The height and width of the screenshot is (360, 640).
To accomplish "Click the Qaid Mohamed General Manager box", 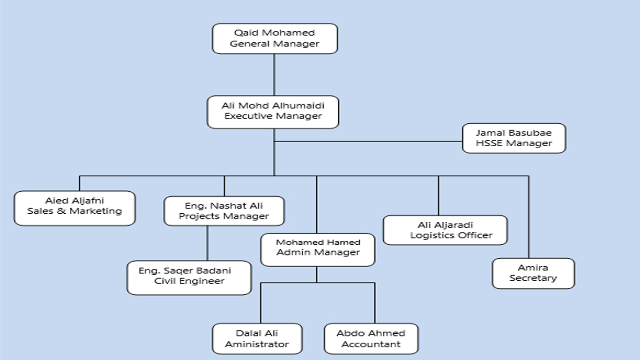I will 275,38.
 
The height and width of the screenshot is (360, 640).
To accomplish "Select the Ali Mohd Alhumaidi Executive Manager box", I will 273,112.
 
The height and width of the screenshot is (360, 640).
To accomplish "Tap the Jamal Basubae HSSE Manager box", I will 514,138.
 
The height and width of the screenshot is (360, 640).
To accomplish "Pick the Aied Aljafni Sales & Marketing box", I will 74,208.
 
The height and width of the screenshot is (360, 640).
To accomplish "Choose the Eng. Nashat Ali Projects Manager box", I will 224,211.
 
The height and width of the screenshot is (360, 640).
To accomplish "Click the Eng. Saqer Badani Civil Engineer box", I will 189,277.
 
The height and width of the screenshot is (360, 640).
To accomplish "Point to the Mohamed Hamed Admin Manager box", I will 318,250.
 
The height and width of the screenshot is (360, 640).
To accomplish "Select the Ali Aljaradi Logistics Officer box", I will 445,230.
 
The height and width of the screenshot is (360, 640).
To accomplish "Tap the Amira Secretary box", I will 533,273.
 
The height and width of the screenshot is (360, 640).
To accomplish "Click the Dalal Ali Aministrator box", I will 257,338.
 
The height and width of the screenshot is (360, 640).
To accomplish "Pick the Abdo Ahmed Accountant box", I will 371,338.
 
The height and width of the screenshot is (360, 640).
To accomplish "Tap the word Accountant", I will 371,344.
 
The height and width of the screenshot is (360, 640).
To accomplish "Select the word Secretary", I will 533,278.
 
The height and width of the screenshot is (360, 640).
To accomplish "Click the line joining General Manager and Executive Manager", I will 274,75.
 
